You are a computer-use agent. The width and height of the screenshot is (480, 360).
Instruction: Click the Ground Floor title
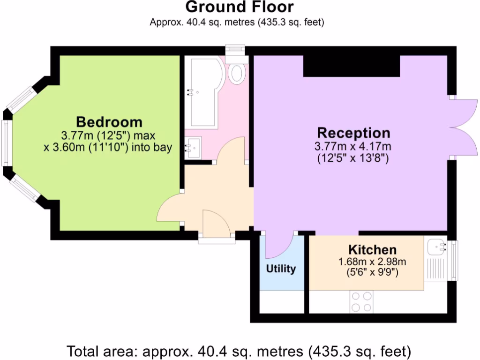coord(240,7)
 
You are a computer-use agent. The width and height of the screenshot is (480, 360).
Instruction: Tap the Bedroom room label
coord(109,122)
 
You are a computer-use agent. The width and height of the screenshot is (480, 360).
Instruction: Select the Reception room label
coord(353,132)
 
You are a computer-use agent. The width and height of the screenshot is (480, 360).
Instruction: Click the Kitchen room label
coord(372,250)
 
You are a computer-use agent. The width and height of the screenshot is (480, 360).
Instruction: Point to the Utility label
coord(281,269)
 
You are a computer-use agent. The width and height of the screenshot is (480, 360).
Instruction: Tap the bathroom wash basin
coord(193,148)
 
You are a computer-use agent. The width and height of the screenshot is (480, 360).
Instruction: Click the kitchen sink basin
coord(436,246)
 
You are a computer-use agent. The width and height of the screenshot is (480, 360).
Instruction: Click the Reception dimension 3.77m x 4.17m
coord(353,146)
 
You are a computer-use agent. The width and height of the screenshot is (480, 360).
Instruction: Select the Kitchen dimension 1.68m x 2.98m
coord(372,262)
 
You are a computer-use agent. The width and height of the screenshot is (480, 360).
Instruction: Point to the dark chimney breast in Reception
coord(352,66)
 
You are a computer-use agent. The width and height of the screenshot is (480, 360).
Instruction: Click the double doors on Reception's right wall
coord(464,127)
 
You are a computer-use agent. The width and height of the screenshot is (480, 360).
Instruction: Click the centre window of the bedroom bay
coord(6,143)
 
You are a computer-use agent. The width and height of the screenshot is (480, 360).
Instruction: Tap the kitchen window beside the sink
coord(453,260)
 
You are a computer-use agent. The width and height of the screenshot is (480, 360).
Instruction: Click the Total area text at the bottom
coord(240,351)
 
